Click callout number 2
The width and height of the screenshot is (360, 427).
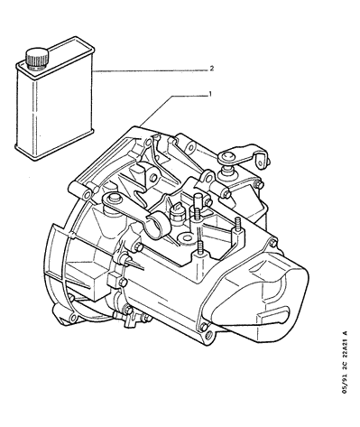(212, 69)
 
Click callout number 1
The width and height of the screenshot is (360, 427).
(210, 95)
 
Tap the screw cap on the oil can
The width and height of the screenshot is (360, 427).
(37, 58)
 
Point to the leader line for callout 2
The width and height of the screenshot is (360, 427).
(150, 70)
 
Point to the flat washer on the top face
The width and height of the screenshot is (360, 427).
(187, 238)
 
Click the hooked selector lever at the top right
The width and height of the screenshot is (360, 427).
(243, 155)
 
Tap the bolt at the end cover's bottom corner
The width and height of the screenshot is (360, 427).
(204, 326)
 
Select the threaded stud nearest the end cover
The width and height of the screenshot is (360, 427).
(237, 224)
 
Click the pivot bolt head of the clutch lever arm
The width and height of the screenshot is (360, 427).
(113, 197)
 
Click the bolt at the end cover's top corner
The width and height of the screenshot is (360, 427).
(273, 242)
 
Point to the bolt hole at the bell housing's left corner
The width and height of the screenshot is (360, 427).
(88, 195)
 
